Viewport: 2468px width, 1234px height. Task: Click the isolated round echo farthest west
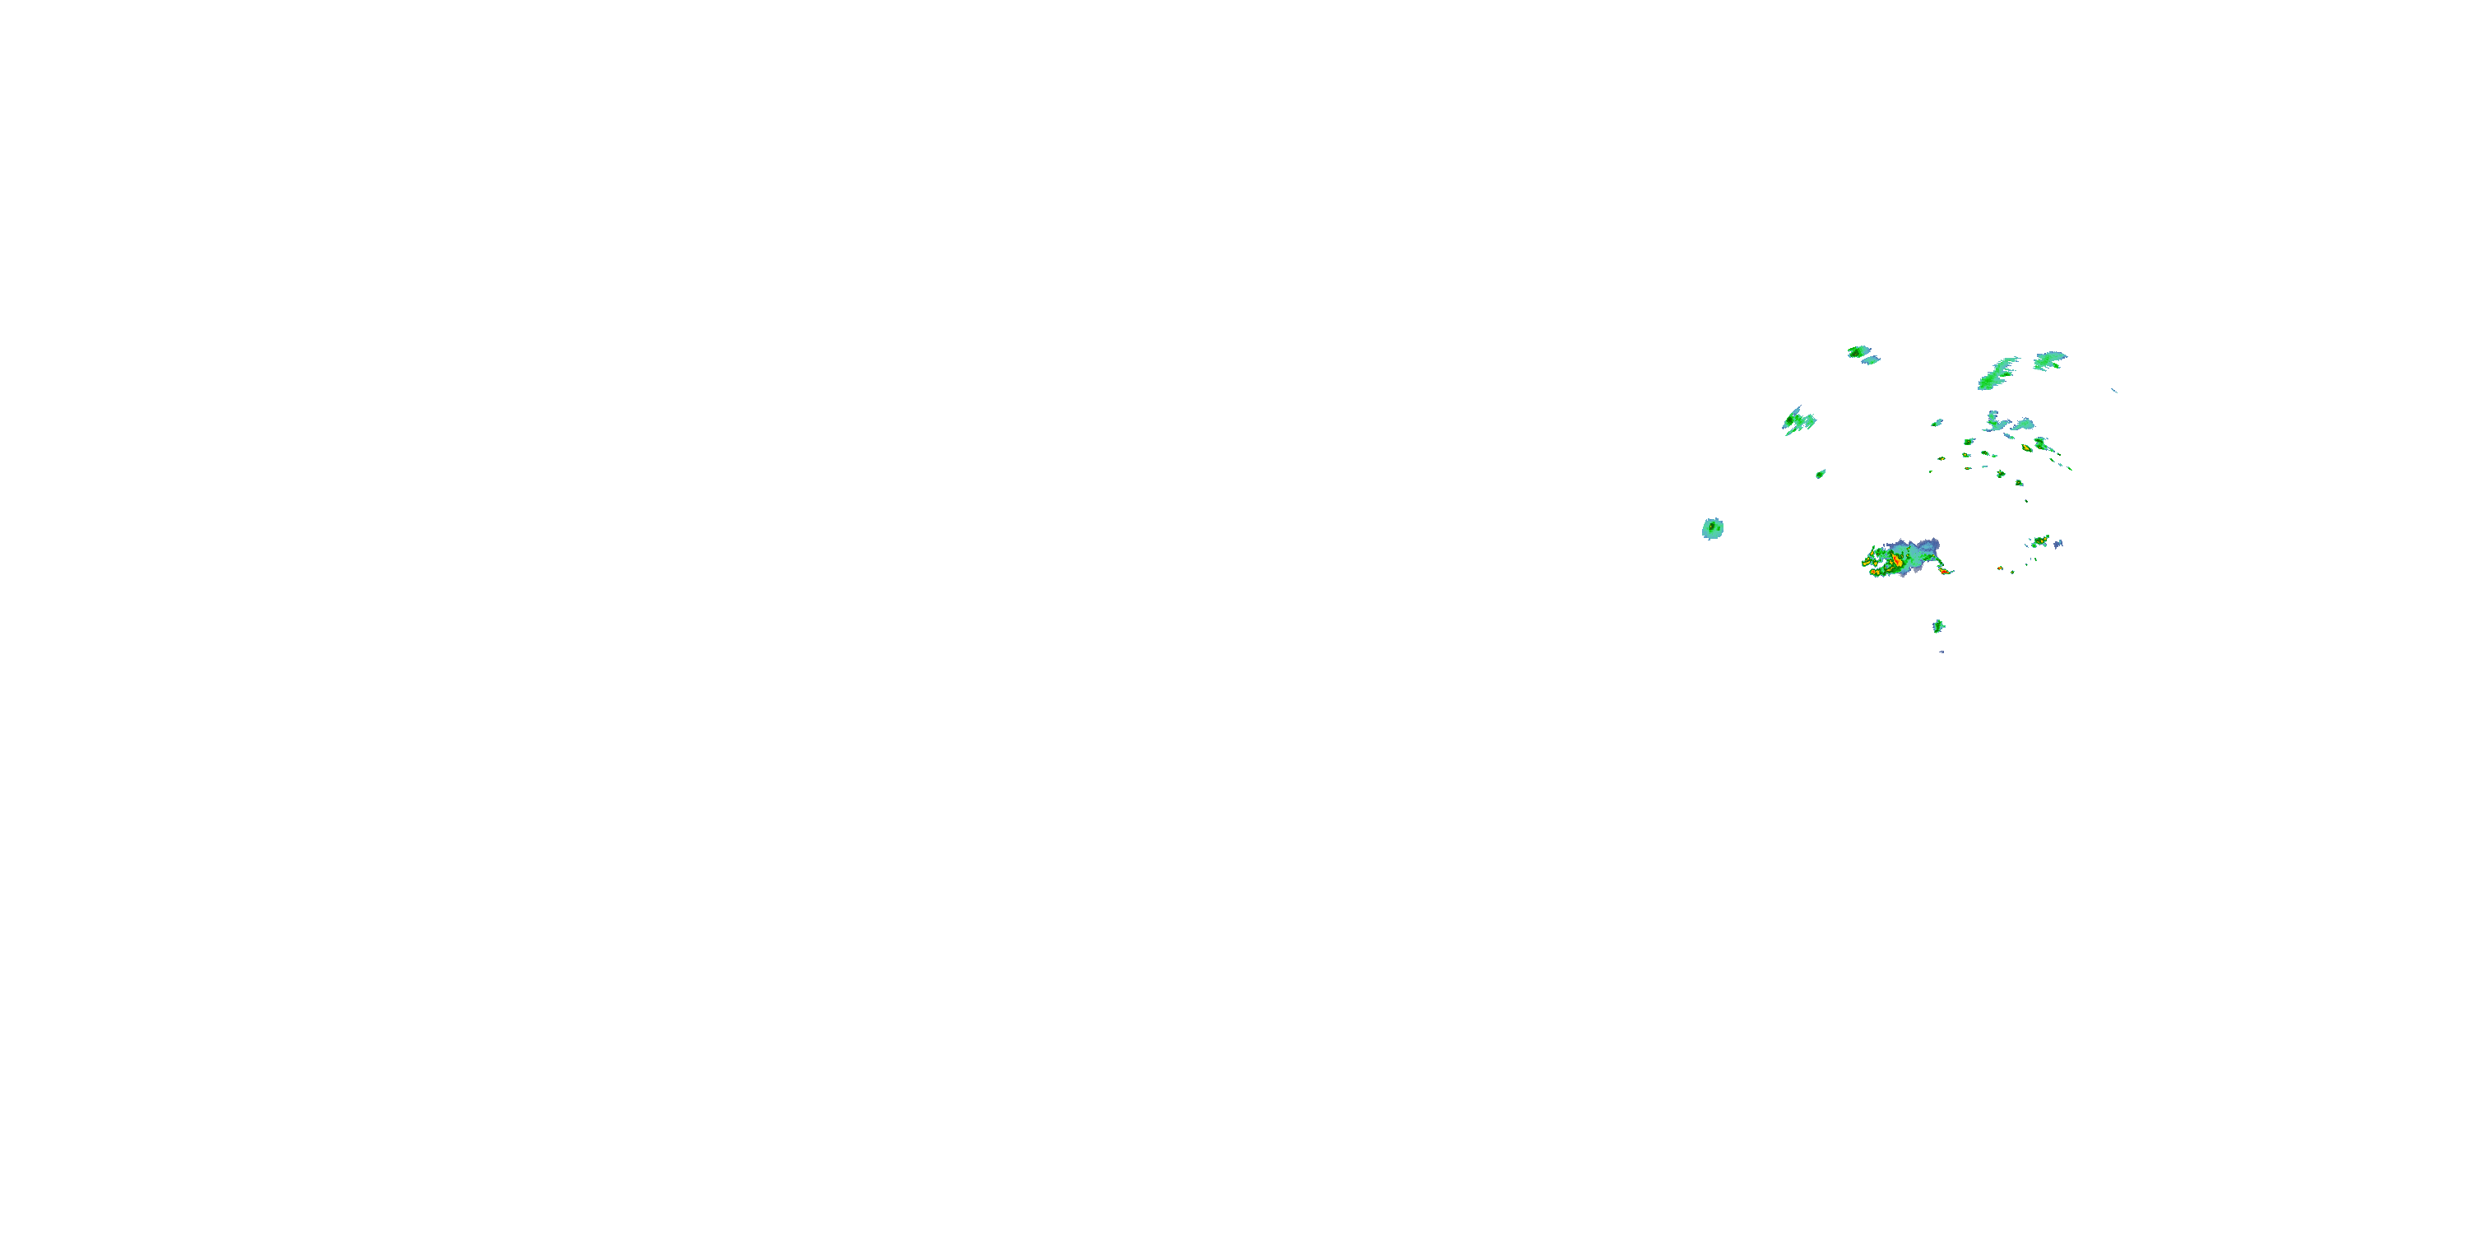pos(1712,528)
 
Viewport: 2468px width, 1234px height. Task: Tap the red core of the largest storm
pos(1897,561)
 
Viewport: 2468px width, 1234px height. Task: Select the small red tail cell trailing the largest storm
pos(1945,572)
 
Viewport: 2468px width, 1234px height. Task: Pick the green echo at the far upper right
pos(2049,360)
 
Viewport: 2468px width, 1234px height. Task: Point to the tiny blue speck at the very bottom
pos(1942,652)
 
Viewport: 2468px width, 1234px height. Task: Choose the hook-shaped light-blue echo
pos(1995,423)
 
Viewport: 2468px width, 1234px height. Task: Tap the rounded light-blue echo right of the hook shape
pos(2025,424)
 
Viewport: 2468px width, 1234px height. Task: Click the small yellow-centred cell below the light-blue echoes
pos(2027,448)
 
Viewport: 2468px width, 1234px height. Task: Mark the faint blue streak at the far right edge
pos(2113,390)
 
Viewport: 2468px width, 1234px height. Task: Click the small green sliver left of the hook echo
pos(1937,423)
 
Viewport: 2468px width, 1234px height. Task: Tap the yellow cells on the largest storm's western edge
pos(1867,564)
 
